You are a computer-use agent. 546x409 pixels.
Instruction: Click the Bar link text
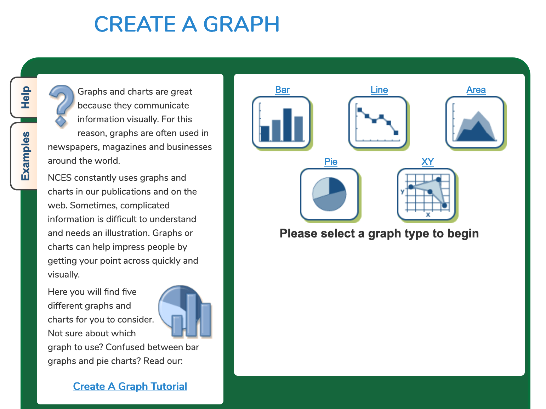pos(282,90)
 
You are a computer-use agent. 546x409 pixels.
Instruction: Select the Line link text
pos(379,90)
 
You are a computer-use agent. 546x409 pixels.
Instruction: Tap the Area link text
pos(476,90)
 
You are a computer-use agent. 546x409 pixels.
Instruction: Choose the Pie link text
pos(331,162)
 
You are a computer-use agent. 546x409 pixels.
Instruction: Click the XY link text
pos(428,162)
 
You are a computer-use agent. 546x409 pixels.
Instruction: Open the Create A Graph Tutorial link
pos(130,386)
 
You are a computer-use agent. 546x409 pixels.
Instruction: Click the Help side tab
pos(24,97)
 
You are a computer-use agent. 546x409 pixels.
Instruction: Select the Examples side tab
pos(24,156)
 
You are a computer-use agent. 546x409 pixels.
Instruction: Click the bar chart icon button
pos(282,123)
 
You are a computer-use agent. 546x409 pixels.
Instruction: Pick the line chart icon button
pos(379,123)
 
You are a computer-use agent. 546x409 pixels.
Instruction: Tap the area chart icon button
pos(476,123)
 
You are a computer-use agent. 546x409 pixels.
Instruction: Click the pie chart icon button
pos(330,195)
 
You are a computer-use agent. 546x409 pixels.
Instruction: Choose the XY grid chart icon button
pos(427,195)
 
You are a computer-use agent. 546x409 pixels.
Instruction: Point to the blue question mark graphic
pos(61,106)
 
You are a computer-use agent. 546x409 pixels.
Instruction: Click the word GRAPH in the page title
pos(241,24)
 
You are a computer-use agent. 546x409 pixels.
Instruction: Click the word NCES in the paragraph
pos(60,178)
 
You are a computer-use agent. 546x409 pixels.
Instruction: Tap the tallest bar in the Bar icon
pos(287,125)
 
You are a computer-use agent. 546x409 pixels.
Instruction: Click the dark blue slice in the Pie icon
pos(336,185)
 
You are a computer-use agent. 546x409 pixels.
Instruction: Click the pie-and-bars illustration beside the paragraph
pos(185,312)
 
